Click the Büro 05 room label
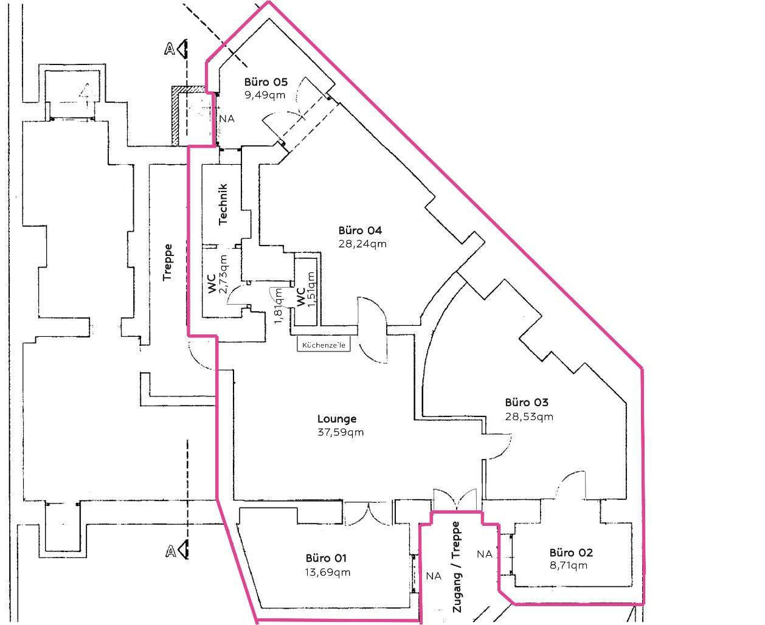[x=265, y=82]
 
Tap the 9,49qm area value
[x=265, y=95]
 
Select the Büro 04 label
[x=360, y=230]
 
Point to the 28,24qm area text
[x=362, y=244]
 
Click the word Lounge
[x=337, y=419]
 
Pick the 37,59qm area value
[x=341, y=432]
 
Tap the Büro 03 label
[x=527, y=402]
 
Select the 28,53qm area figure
[x=529, y=416]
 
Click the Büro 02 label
[x=571, y=553]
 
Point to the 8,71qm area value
[x=569, y=565]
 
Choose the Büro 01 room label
[x=327, y=558]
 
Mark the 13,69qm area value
[x=328, y=572]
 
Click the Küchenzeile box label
[x=324, y=345]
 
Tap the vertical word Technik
[x=223, y=204]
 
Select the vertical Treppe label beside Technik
[x=168, y=262]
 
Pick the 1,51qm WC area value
[x=311, y=289]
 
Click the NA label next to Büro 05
[x=227, y=119]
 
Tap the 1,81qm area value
[x=279, y=306]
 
